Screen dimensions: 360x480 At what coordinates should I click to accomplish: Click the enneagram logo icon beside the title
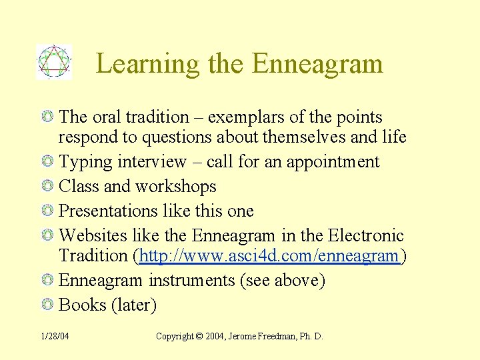(53, 62)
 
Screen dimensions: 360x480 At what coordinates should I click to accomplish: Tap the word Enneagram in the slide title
(317, 64)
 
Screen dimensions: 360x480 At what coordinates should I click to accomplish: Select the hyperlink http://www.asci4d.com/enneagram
(269, 256)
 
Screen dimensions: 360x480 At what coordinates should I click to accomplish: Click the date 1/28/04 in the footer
(54, 337)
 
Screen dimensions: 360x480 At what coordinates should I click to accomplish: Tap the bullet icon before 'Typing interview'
(47, 162)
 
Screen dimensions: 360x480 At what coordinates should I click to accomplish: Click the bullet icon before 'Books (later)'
(47, 305)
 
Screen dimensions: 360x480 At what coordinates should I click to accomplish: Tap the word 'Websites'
(89, 236)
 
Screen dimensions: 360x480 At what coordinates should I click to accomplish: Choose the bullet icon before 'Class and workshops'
(47, 187)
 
